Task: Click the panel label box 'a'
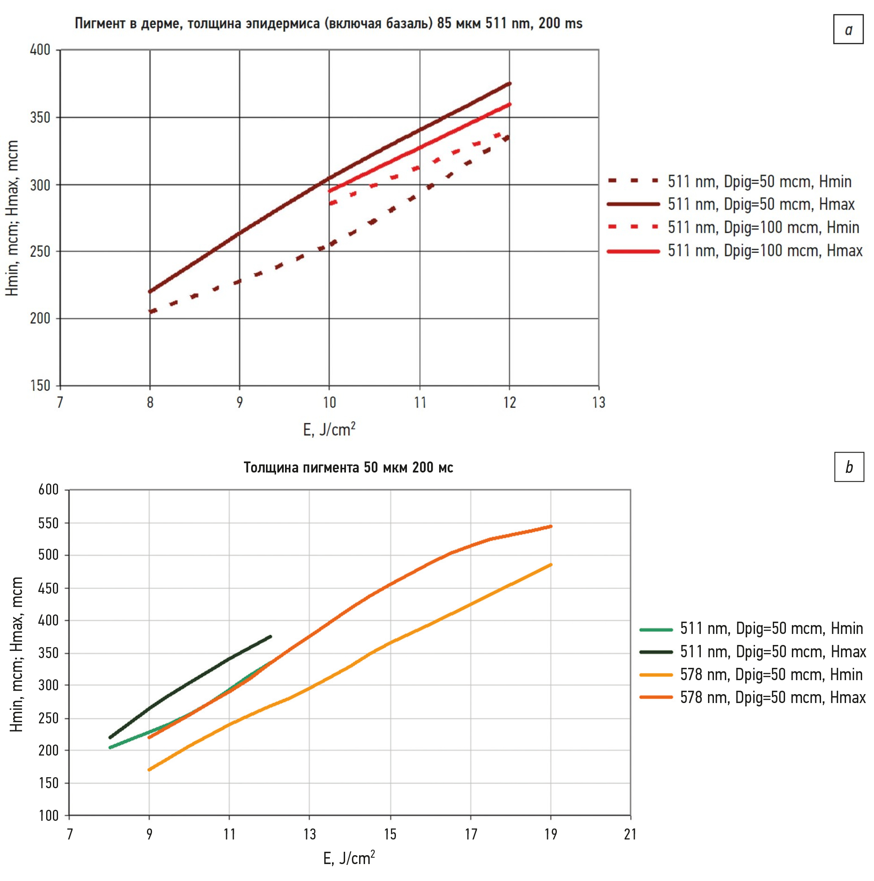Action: [848, 30]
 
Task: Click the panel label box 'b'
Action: [849, 467]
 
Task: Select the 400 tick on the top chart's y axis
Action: [40, 50]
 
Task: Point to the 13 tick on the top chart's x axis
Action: [598, 402]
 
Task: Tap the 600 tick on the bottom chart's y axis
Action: [48, 490]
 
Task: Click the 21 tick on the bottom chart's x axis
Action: [630, 834]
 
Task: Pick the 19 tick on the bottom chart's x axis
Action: [550, 834]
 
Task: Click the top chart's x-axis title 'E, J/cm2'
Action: [329, 429]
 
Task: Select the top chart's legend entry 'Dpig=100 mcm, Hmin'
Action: [763, 227]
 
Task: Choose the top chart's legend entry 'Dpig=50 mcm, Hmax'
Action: [761, 204]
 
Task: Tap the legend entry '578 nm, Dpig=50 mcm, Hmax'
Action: [772, 697]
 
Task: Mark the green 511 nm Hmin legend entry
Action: [771, 629]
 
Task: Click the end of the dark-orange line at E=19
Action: [551, 526]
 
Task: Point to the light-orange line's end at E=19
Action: [551, 564]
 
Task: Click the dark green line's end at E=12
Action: [271, 636]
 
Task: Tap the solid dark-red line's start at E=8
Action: [150, 292]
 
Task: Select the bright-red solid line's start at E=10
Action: [329, 191]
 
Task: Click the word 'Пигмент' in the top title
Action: [100, 23]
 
